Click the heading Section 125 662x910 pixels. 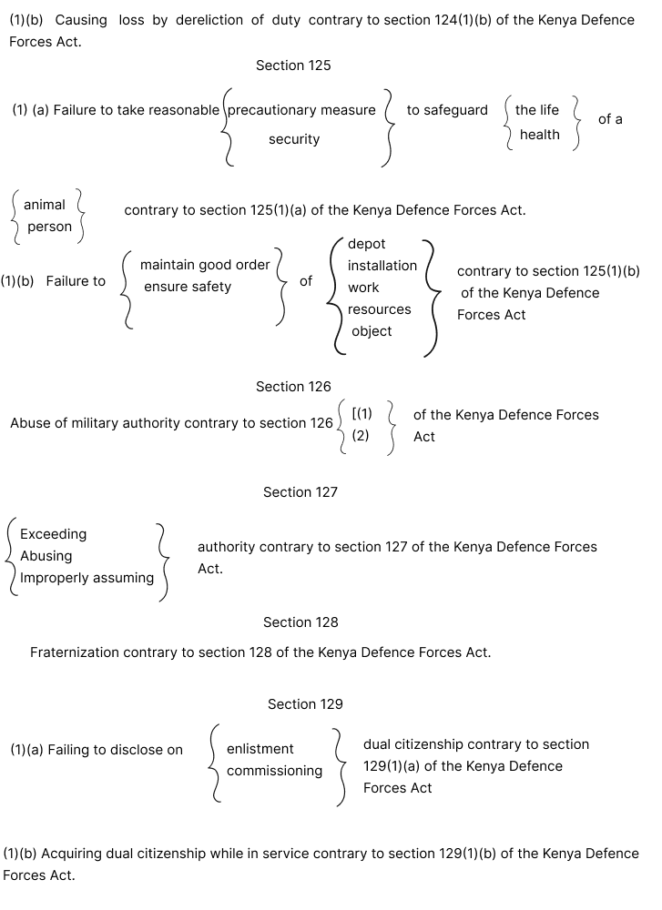click(293, 66)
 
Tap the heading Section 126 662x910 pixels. click(293, 387)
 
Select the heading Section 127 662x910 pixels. click(300, 492)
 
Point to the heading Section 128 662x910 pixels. click(300, 622)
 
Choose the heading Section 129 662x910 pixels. click(305, 704)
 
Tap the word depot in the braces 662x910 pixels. click(367, 244)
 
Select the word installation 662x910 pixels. click(382, 266)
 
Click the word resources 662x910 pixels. click(380, 309)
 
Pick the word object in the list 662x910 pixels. click(372, 331)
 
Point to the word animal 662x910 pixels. click(45, 205)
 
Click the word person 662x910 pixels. click(49, 227)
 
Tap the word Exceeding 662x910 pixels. click(54, 534)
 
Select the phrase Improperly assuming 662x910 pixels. click(87, 578)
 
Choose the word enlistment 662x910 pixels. click(260, 749)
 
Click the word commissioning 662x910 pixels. click(275, 771)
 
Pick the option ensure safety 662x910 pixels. click(188, 287)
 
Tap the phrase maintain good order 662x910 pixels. click(205, 265)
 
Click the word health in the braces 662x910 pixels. click(540, 135)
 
